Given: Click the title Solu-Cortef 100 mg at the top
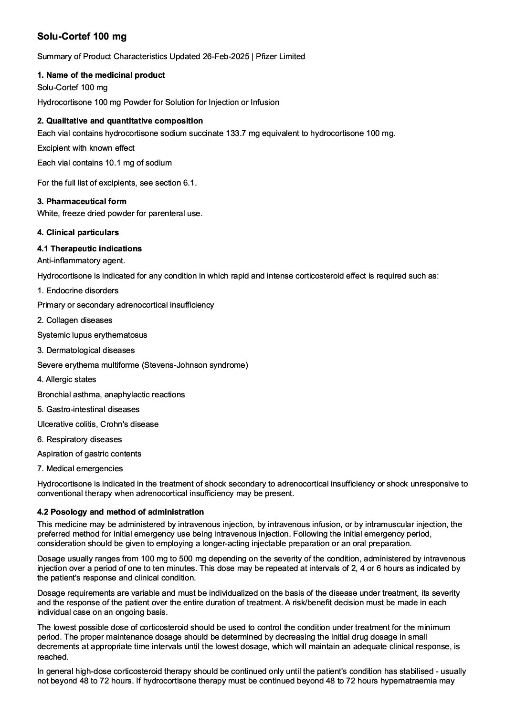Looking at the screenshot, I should coord(82,36).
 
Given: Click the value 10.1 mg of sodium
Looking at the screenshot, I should coord(138,163).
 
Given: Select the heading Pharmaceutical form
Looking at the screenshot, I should coord(86,201).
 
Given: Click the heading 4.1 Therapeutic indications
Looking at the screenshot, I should coord(89,248).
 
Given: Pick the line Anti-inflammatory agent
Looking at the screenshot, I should coord(81,260).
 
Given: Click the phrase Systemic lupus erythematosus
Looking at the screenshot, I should coord(92,335).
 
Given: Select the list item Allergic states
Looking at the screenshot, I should coord(71,379).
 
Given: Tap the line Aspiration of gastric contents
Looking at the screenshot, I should coord(89,454).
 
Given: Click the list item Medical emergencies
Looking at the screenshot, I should coord(84,468).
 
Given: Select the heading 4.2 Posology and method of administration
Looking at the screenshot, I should coord(120,512).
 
